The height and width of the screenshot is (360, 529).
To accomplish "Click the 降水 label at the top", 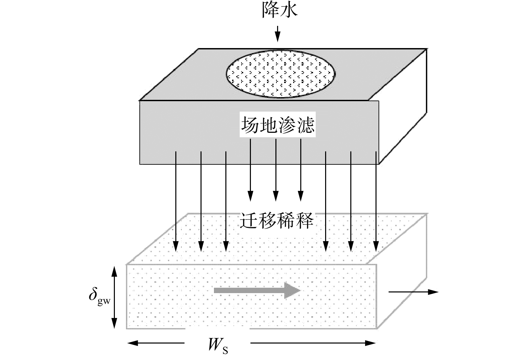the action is (279, 10).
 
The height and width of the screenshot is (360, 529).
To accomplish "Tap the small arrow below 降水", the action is (278, 34).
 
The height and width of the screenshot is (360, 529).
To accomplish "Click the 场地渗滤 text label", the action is (278, 125).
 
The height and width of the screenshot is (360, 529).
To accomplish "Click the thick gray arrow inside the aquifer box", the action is (257, 290).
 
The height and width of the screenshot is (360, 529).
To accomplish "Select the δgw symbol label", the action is (99, 297).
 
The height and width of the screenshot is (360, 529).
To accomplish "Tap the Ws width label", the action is (218, 346).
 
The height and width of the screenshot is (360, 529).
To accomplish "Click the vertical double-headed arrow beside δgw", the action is (114, 297).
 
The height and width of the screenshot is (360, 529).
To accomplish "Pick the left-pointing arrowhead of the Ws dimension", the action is (132, 343).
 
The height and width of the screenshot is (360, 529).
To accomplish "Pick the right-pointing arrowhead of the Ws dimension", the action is (370, 343).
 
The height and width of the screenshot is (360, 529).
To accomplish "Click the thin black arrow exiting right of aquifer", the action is (413, 292).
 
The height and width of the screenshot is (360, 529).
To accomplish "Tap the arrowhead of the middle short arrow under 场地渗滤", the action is (276, 196).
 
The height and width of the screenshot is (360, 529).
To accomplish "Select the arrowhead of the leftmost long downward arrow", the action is (176, 246).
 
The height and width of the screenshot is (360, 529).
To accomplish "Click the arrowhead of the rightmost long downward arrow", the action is (376, 246).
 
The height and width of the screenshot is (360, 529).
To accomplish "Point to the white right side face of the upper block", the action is (403, 106).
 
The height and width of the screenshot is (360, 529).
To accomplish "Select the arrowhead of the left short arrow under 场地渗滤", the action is (250, 196).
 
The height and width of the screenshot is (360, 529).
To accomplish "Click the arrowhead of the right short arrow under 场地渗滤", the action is (301, 196).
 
